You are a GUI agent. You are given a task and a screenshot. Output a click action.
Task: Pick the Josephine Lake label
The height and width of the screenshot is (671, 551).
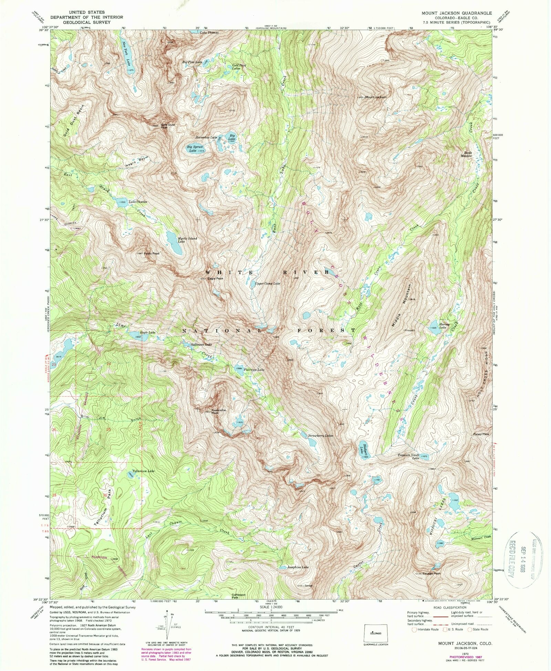pyautogui.click(x=298, y=567)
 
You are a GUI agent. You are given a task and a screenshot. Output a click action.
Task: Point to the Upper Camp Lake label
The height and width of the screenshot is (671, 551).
pyautogui.click(x=267, y=284)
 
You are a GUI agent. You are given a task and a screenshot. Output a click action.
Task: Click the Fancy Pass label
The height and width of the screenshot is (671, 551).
pyautogui.click(x=481, y=434)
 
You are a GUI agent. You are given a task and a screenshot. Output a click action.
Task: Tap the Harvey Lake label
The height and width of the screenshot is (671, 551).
pyautogui.click(x=442, y=326)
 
